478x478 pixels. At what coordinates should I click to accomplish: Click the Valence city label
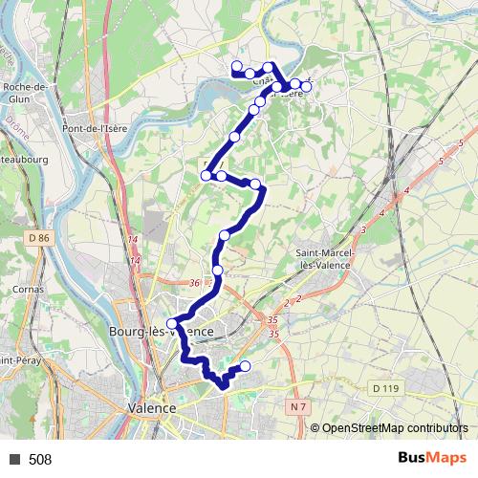(x=152, y=407)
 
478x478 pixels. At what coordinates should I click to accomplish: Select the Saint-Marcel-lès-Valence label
(x=320, y=258)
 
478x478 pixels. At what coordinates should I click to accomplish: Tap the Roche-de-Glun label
(x=26, y=92)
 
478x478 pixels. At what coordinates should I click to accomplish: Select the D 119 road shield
(x=384, y=388)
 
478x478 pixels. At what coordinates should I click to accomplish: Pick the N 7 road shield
(x=300, y=407)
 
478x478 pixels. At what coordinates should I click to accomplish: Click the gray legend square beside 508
(x=14, y=460)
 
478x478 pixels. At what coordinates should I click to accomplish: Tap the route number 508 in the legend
(x=40, y=460)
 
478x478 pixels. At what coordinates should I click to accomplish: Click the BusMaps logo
(x=427, y=459)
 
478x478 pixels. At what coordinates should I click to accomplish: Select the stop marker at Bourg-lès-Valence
(x=171, y=323)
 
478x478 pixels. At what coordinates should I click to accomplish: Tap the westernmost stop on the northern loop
(x=236, y=66)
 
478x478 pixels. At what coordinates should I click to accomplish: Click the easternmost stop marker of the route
(x=306, y=84)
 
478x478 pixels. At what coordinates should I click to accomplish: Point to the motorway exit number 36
(x=194, y=283)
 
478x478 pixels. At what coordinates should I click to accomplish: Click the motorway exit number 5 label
(x=461, y=142)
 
